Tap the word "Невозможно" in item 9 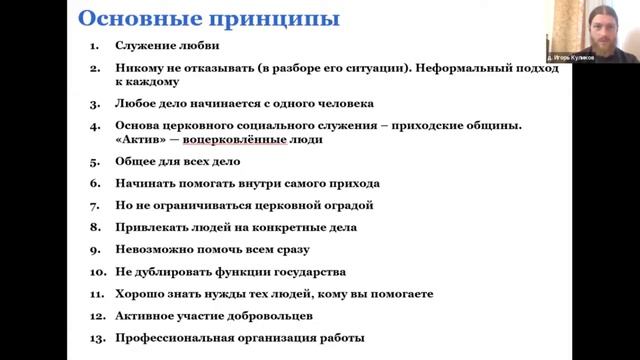click(151, 249)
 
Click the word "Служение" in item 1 click(145, 46)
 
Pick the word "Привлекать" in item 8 click(150, 227)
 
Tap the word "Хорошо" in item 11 click(138, 293)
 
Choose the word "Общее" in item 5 click(135, 161)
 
